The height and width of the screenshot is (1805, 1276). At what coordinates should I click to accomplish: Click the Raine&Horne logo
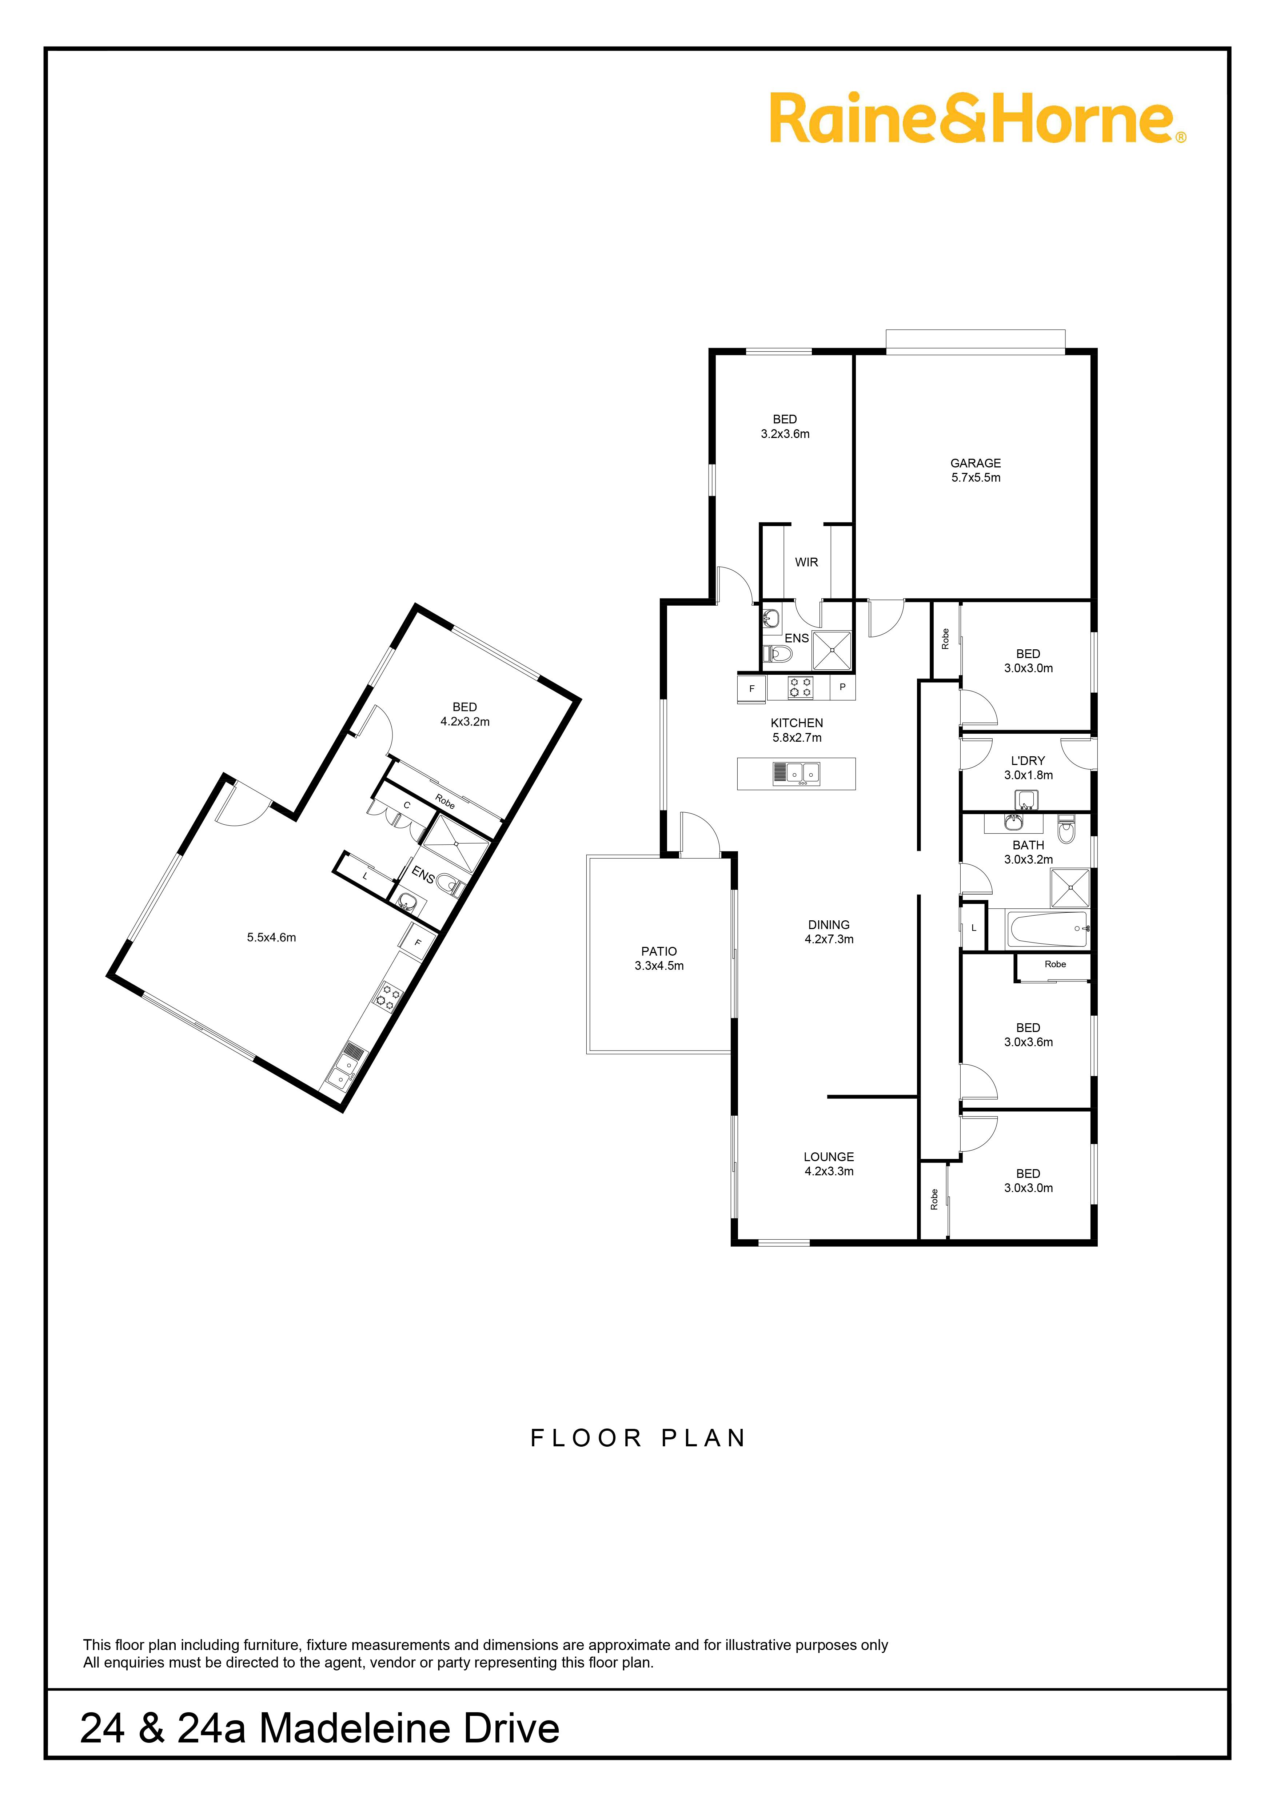pos(977,119)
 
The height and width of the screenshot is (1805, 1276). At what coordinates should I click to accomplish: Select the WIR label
pos(807,562)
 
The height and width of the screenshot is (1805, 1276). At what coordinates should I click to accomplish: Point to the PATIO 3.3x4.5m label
pos(659,958)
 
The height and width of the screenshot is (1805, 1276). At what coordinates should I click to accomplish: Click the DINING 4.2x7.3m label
pos(829,932)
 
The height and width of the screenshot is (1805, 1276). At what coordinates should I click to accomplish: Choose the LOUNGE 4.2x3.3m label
pos(829,1164)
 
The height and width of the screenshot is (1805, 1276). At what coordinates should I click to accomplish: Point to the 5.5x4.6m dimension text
pos(271,937)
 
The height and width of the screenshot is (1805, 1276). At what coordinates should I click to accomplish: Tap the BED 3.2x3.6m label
pos(785,426)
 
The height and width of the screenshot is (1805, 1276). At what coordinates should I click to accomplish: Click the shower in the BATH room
pos(1070,888)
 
